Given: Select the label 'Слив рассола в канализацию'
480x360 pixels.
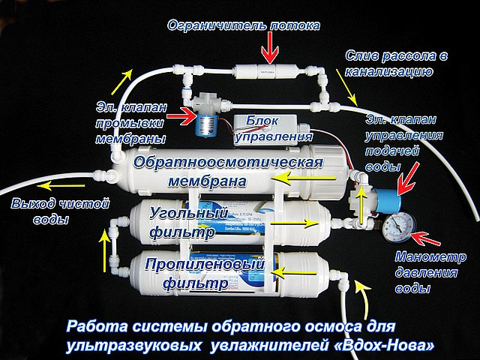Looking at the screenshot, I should click(x=388, y=64).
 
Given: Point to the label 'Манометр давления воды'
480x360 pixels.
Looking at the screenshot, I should click(x=425, y=271).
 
